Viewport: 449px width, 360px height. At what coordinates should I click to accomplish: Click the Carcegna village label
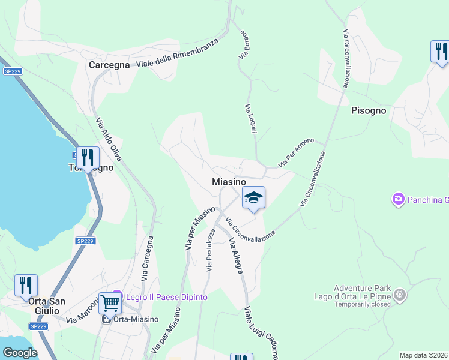(x=109, y=65)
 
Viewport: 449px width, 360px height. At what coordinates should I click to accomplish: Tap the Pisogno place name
(x=369, y=111)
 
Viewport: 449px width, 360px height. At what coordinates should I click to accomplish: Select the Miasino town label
(x=229, y=181)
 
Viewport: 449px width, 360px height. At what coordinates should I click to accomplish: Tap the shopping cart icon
(x=110, y=304)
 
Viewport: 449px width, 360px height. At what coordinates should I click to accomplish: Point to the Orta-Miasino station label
(x=129, y=319)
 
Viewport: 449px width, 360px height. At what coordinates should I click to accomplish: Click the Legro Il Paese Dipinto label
(x=165, y=297)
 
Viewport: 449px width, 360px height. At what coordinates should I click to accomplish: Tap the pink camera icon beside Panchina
(x=398, y=199)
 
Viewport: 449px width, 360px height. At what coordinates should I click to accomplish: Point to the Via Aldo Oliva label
(x=109, y=139)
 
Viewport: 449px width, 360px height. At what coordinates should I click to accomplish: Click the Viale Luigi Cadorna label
(x=261, y=334)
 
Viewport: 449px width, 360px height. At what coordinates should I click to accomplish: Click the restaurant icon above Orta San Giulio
(x=26, y=285)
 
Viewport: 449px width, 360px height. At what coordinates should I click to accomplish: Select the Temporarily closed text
(x=352, y=304)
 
